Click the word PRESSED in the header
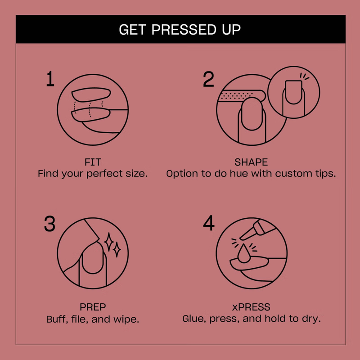point(184,29)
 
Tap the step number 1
point(50,79)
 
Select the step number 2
point(208,79)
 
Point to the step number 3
point(49,223)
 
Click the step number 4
point(209,223)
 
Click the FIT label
point(93,162)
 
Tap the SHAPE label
point(251,162)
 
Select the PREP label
point(93,307)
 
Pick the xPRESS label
point(251,307)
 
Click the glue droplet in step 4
point(244,254)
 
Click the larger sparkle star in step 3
point(109,242)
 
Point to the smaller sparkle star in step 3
point(117,249)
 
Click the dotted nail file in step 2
point(241,96)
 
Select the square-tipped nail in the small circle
point(293,92)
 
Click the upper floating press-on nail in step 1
point(91,94)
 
